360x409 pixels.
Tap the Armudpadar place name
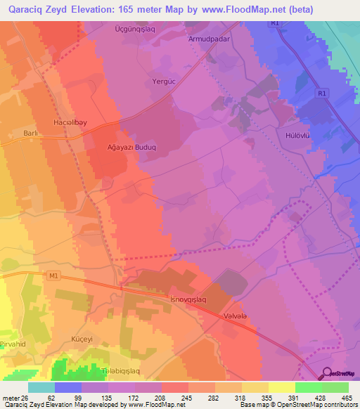coord(209,39)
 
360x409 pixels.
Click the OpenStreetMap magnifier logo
coord(328,375)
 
